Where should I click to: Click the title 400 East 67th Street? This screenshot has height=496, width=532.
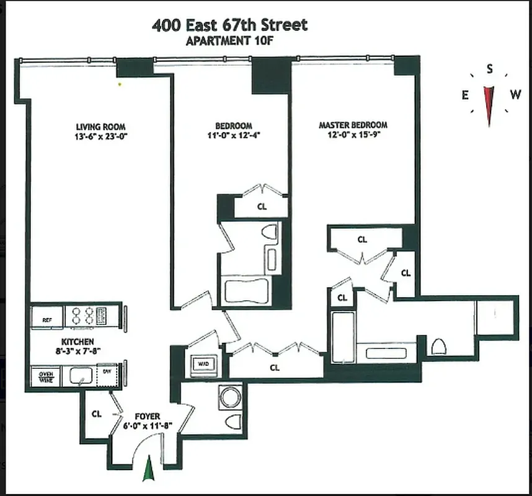(x=229, y=25)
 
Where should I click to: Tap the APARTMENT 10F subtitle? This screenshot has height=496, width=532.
(x=229, y=42)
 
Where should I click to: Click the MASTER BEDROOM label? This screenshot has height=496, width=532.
(x=353, y=125)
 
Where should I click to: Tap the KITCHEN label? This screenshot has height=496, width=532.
(x=78, y=342)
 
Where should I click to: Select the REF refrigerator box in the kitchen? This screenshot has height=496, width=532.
(x=47, y=320)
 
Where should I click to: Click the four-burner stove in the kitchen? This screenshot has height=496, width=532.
(x=87, y=316)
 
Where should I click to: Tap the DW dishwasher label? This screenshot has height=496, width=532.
(x=107, y=371)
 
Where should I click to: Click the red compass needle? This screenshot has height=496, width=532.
(x=489, y=103)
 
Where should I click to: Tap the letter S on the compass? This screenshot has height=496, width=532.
(x=490, y=69)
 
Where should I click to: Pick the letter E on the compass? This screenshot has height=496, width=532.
(x=464, y=95)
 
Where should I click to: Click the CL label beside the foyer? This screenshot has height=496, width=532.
(x=97, y=414)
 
